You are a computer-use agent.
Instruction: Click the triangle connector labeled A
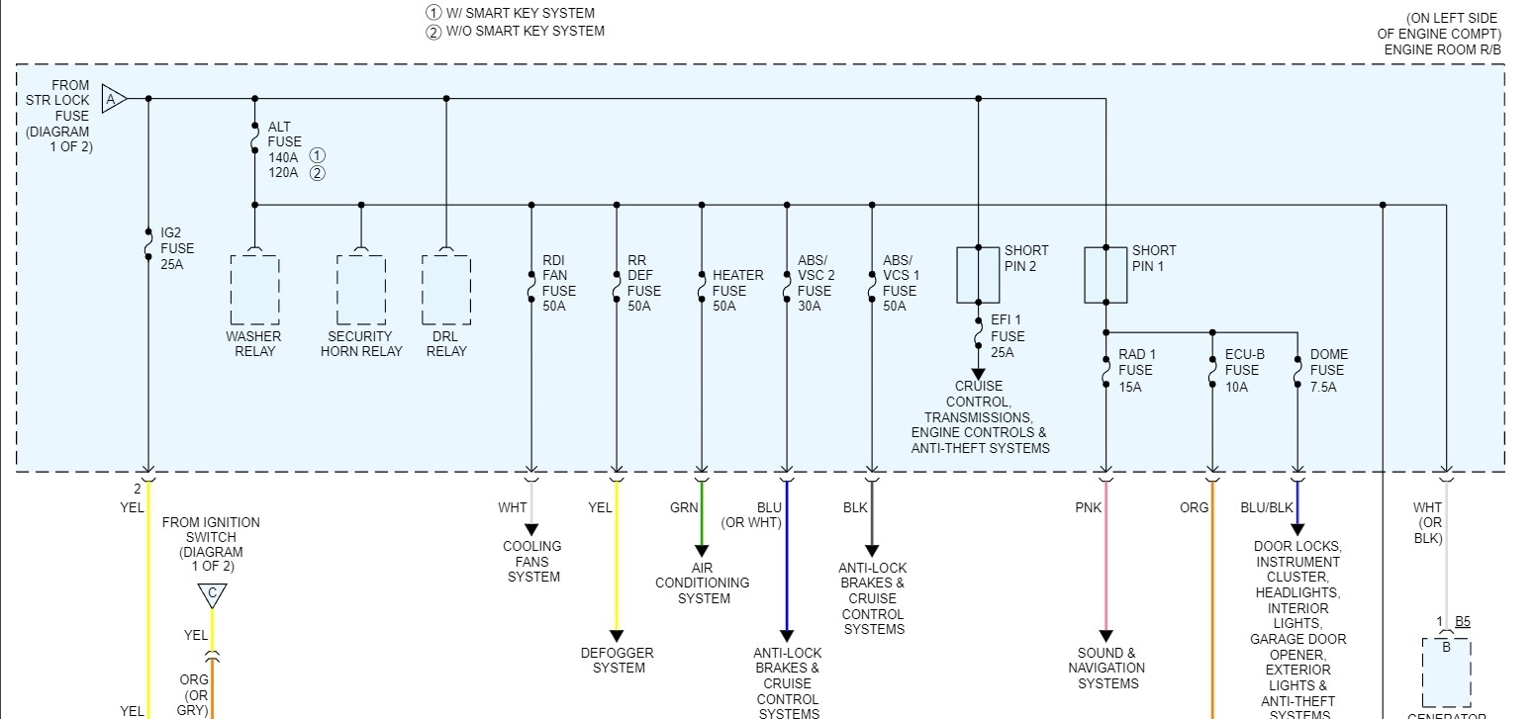tap(113, 99)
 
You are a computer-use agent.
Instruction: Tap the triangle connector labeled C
tap(211, 594)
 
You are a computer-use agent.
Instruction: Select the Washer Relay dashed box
tap(254, 290)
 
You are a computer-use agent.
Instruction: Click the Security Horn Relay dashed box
tap(361, 290)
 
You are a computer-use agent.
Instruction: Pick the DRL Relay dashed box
tap(446, 290)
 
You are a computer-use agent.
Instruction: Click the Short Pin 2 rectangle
tap(978, 275)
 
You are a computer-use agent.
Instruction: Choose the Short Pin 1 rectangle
tap(1105, 275)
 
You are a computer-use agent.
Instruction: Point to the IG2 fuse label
tap(177, 248)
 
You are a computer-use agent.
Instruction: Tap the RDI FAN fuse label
tap(559, 283)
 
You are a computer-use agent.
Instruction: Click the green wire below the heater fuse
tap(702, 514)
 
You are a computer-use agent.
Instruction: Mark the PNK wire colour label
tap(1088, 507)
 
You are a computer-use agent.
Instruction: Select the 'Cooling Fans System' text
tap(532, 561)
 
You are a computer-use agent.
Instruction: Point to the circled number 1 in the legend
tap(432, 14)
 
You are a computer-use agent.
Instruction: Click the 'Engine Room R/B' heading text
tap(1442, 48)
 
